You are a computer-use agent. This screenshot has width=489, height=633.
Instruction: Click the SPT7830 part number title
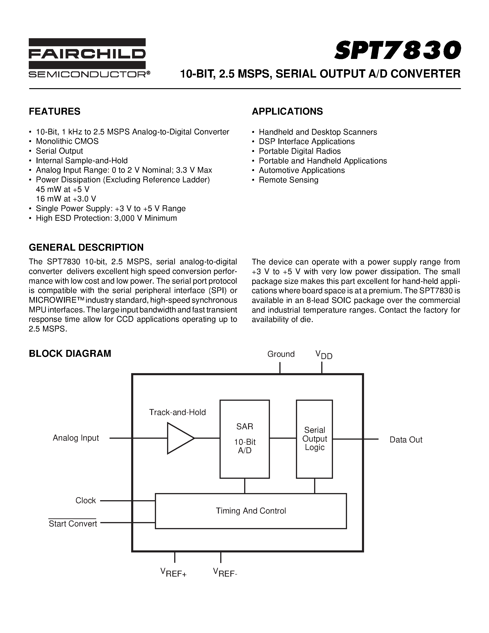[x=397, y=50]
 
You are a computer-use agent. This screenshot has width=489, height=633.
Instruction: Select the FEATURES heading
[x=55, y=112]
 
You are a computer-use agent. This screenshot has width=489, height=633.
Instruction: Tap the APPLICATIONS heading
[x=287, y=112]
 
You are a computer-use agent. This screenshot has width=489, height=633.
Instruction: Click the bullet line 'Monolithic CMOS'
[x=67, y=141]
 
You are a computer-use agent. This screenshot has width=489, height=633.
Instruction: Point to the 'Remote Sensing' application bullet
[x=288, y=180]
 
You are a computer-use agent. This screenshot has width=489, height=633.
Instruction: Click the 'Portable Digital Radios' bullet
[x=300, y=151]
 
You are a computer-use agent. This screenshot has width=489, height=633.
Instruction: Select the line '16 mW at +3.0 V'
[x=66, y=199]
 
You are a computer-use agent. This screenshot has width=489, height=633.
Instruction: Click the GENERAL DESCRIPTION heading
[x=86, y=247]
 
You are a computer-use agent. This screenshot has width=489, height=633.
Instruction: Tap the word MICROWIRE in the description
[x=54, y=300]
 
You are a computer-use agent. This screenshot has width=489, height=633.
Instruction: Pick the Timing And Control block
[x=251, y=511]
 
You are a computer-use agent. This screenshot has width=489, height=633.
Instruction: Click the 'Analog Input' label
[x=76, y=438]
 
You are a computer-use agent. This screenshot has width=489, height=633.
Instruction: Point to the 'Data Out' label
[x=405, y=440]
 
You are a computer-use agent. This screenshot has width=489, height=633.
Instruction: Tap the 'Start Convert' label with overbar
[x=72, y=523]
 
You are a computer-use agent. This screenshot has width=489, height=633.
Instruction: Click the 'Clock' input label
[x=85, y=501]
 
